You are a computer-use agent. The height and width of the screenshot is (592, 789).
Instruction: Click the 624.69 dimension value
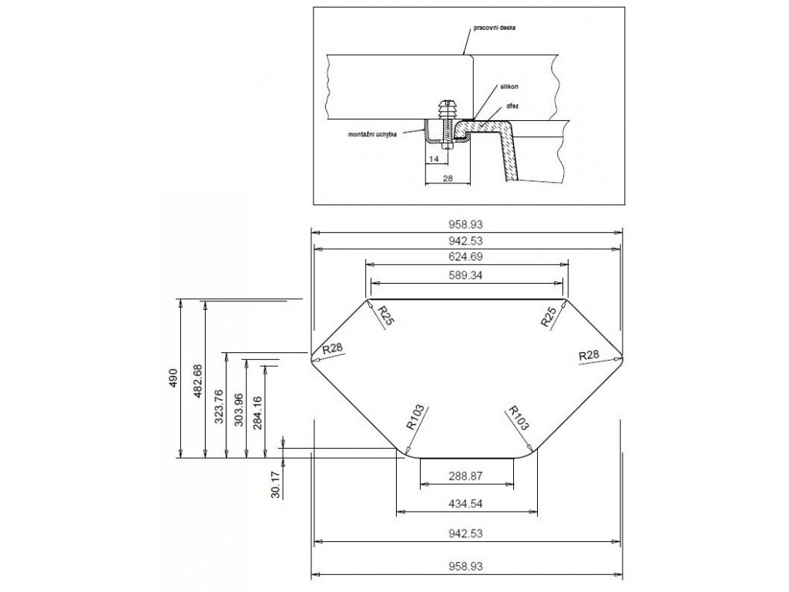pyautogui.click(x=466, y=256)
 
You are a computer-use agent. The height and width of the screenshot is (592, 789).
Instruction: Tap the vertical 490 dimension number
pyautogui.click(x=174, y=378)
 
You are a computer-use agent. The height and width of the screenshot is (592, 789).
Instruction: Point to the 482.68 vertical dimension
pyautogui.click(x=197, y=378)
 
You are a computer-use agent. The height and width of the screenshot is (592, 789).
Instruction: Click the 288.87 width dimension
pyautogui.click(x=465, y=476)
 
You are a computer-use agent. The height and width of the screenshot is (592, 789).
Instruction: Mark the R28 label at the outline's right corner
pyautogui.click(x=589, y=355)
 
